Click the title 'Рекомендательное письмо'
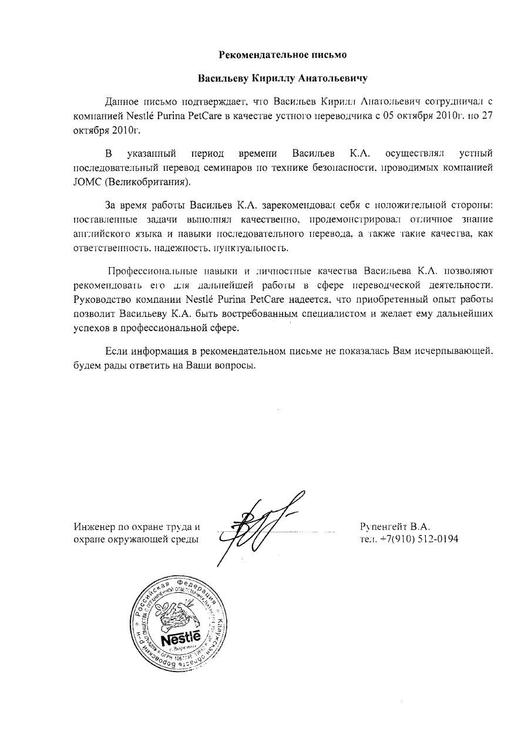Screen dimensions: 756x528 point(283,55)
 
